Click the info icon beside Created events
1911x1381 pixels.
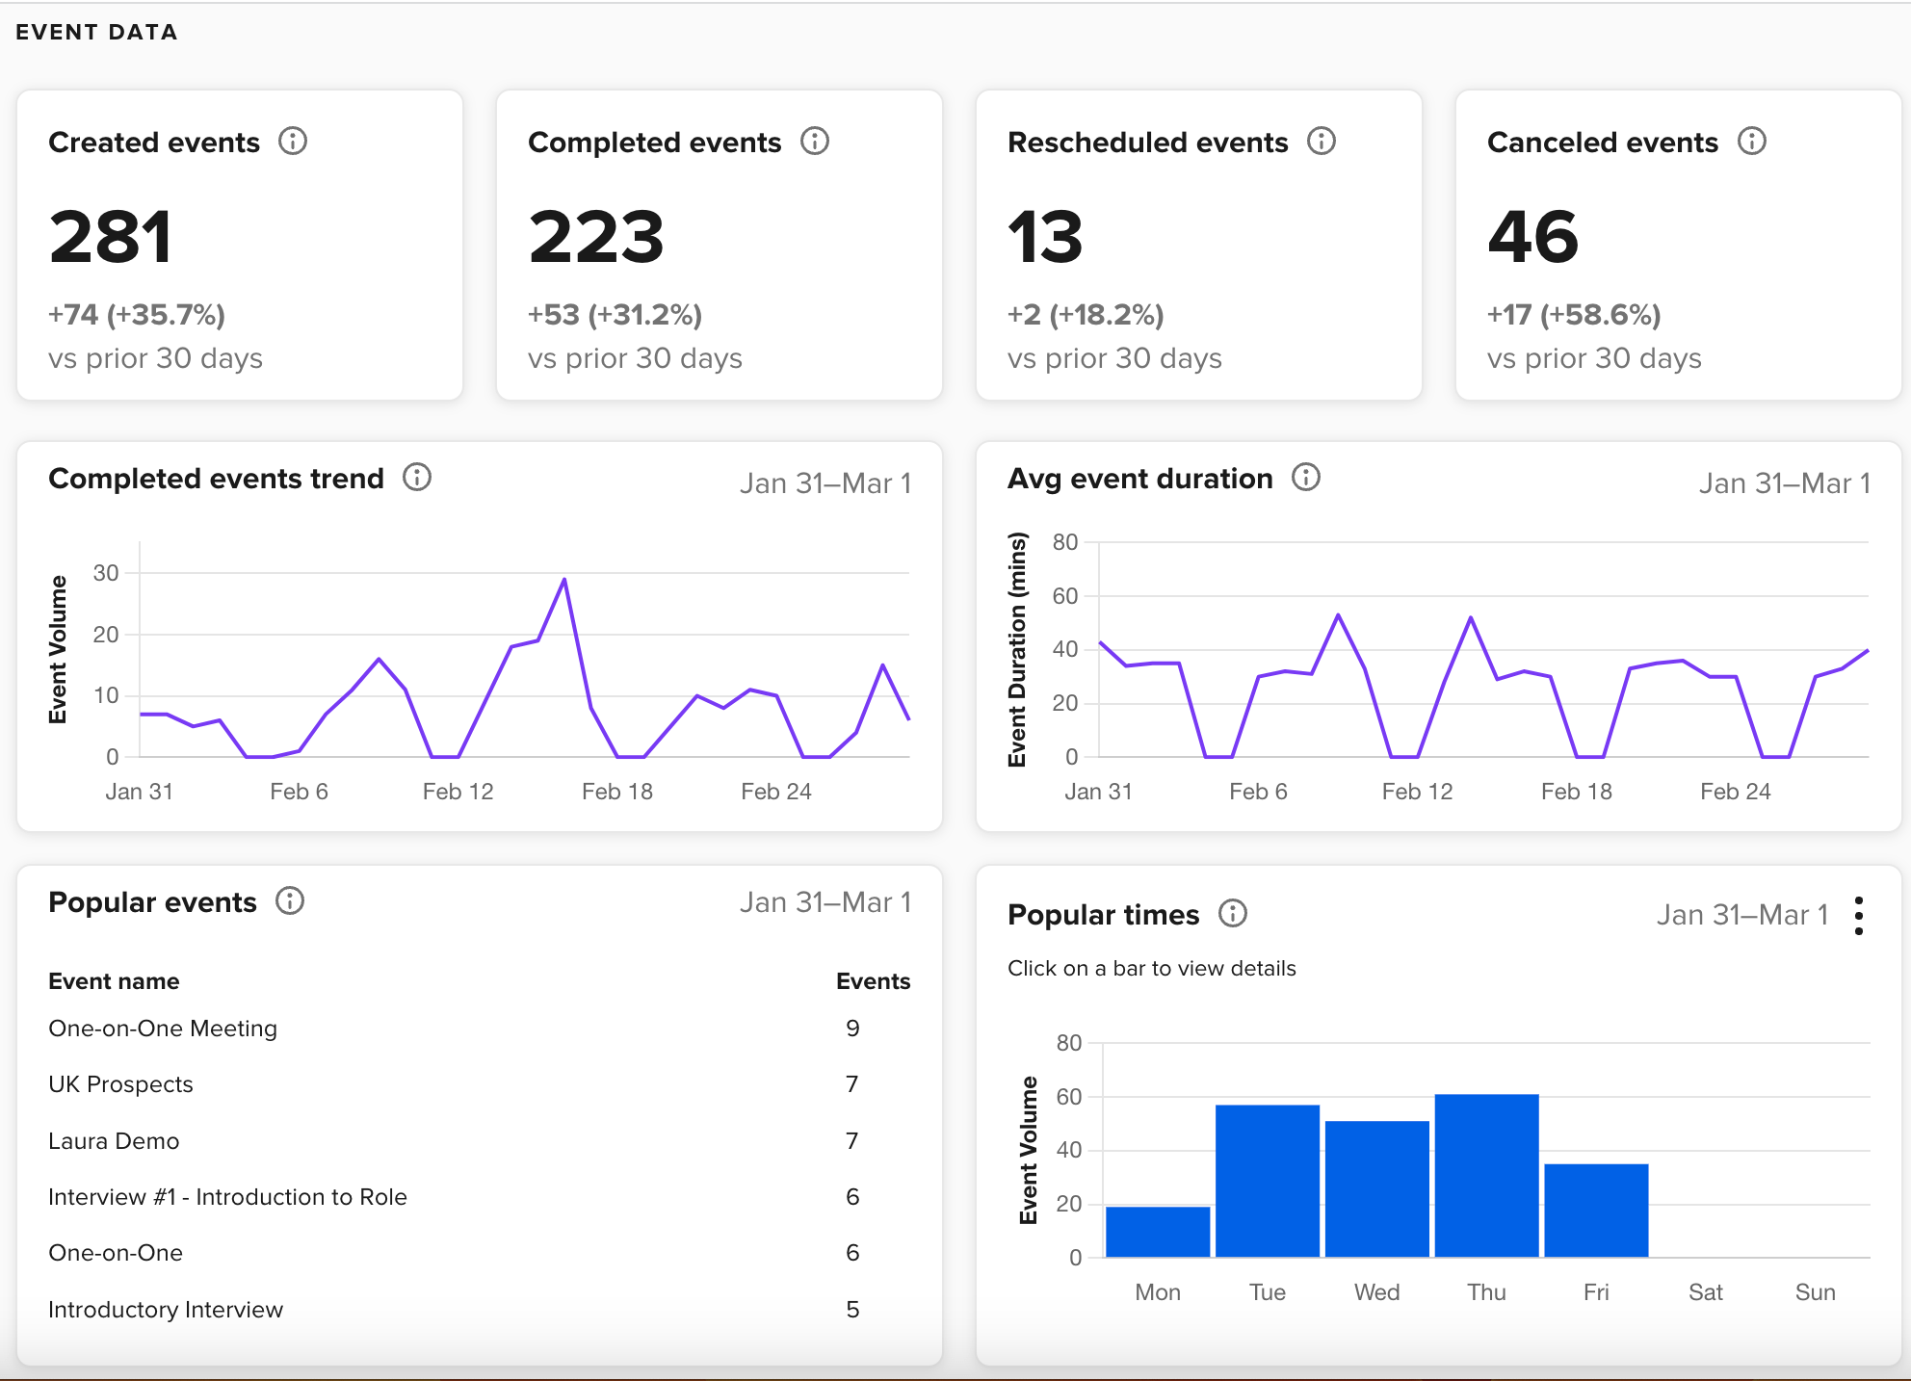pos(293,142)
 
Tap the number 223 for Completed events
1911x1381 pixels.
pos(596,237)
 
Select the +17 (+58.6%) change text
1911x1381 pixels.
pos(1574,315)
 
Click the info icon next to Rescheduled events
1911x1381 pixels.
pos(1322,142)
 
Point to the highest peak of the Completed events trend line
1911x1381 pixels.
pos(564,580)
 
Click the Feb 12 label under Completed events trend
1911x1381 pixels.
pos(458,792)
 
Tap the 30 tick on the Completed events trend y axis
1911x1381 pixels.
pos(106,573)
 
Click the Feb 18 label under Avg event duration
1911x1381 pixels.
pos(1576,792)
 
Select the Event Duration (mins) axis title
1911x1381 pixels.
pos(1017,649)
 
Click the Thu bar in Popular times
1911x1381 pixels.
pos(1486,1176)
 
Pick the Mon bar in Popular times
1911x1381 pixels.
pos(1158,1232)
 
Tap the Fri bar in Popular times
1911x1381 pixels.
pos(1596,1211)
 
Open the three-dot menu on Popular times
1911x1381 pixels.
pos(1859,916)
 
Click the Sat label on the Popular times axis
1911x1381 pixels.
pos(1705,1292)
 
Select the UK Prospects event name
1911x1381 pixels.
pos(120,1084)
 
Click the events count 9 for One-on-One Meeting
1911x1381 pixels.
pos(852,1029)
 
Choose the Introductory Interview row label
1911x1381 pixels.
pos(166,1310)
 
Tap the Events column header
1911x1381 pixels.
pos(873,981)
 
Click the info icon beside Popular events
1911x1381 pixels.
pos(290,901)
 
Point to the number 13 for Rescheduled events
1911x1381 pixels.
pos(1045,237)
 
